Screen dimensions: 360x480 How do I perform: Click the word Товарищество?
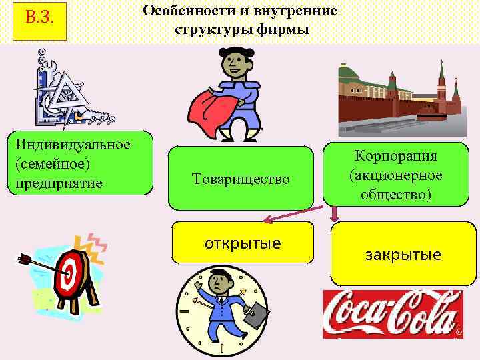(x=241, y=179)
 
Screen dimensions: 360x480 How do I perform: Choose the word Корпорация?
(x=396, y=156)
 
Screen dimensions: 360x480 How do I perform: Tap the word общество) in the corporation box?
(x=396, y=194)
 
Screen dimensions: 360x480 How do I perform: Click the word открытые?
(x=243, y=241)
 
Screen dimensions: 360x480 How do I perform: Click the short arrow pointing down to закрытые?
(x=335, y=213)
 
